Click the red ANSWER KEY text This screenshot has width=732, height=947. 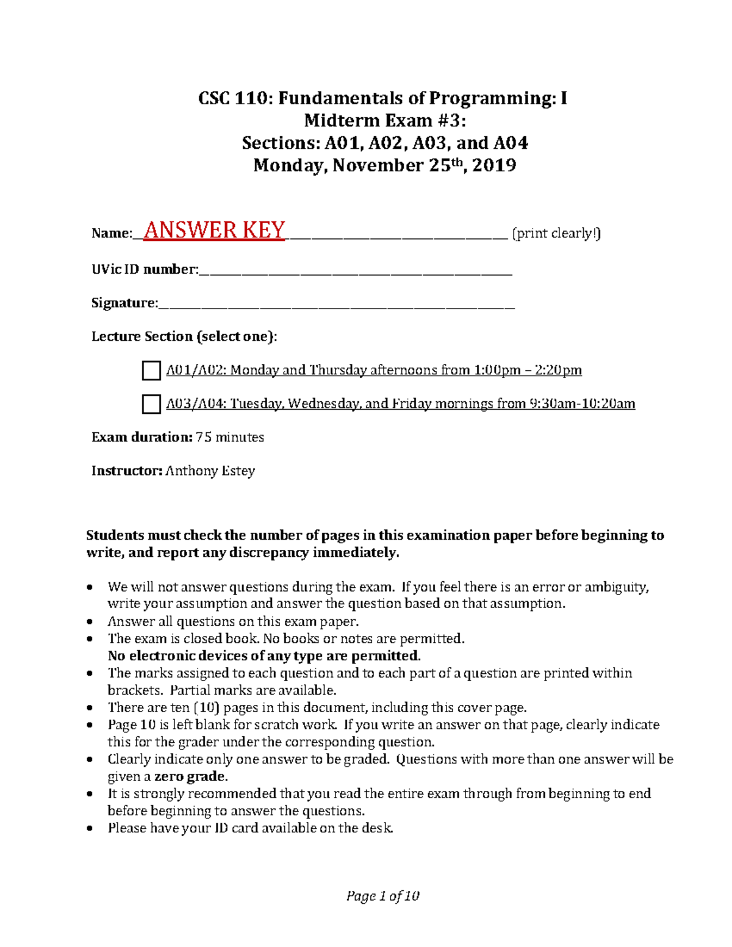pos(213,230)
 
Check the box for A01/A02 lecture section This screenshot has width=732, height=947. pos(151,370)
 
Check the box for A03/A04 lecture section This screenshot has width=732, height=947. pos(151,404)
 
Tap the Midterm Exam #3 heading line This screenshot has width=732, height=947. pos(384,120)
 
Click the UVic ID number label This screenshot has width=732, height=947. pos(145,270)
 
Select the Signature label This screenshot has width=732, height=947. pos(124,303)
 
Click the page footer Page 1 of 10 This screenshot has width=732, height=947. pos(383,896)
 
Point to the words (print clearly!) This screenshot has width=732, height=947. pos(556,234)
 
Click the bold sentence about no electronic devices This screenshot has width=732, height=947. pos(264,656)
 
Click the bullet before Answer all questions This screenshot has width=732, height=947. pos(90,622)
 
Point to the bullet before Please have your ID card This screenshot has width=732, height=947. pos(90,829)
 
